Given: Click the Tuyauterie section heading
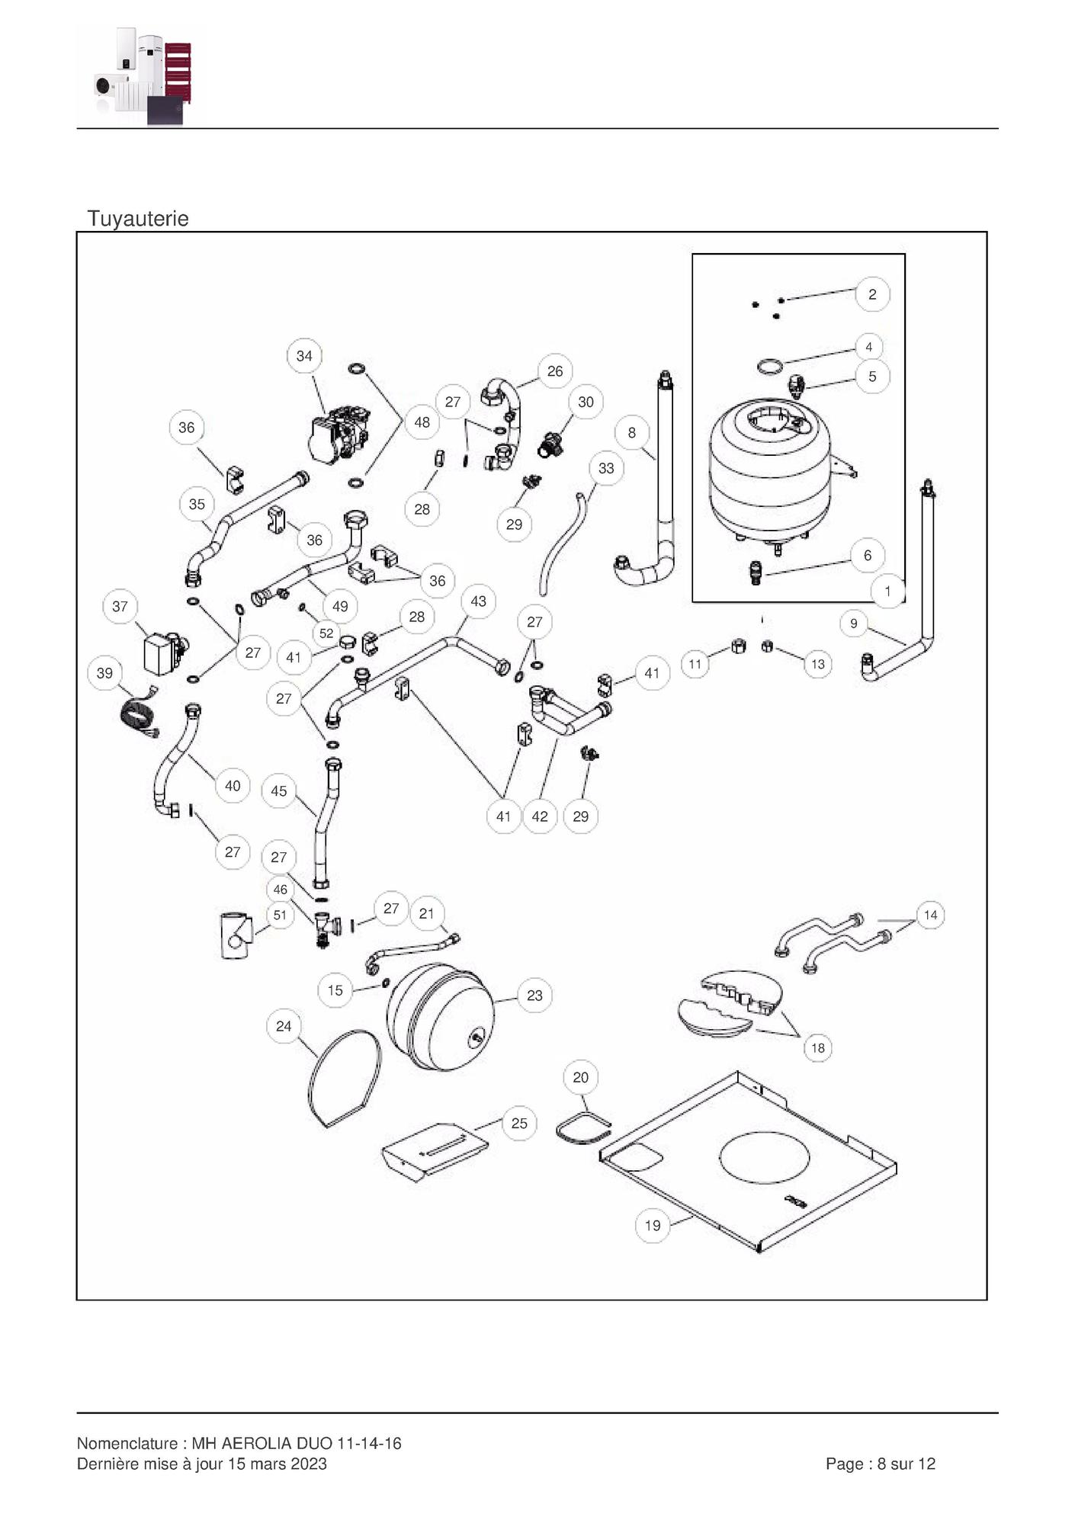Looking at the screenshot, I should coord(138,219).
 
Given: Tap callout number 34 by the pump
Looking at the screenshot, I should coord(304,356).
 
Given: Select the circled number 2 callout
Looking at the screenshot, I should coord(872,294).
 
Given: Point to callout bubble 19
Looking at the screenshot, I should coord(653,1226).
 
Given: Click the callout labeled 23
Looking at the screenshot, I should coord(534,996).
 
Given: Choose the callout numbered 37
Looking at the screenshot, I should coord(120,607).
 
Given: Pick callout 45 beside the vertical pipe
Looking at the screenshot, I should coord(279,791).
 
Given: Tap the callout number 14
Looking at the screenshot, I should coord(930,915).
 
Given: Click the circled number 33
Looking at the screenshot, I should coord(606,468).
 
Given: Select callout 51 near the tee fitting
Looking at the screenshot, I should coord(280,915).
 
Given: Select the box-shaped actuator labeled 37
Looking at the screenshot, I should coord(162,654).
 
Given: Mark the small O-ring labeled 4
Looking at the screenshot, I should coord(770,367).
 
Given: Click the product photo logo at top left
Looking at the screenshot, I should coord(143,75).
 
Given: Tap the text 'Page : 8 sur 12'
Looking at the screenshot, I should coord(880,1464).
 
